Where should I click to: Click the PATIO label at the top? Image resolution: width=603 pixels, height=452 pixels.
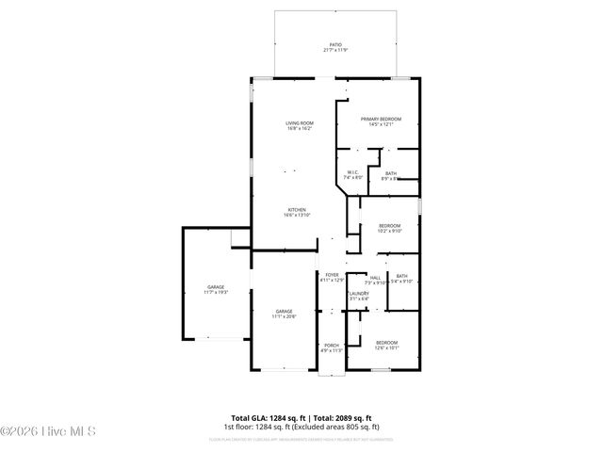[x=335, y=44]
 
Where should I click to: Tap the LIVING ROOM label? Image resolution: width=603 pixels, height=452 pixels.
[x=300, y=123]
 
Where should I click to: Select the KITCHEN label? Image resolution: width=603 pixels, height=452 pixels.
[x=297, y=210]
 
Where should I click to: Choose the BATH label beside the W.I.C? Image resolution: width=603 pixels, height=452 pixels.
[x=390, y=172]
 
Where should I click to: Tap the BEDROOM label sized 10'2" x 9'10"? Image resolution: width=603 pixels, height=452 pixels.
[x=390, y=225]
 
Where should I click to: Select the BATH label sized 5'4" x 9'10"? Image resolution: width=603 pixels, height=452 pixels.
[x=402, y=276]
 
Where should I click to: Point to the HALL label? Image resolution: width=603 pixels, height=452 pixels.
[x=375, y=276]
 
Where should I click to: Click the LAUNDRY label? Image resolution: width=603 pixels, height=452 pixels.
[x=358, y=294]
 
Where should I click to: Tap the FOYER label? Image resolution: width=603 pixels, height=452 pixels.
[x=332, y=275]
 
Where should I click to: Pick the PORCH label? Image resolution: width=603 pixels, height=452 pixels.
[x=332, y=345]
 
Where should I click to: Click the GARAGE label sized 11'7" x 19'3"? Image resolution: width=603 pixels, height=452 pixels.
[x=217, y=287]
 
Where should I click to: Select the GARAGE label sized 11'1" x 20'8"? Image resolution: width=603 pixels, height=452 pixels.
[x=285, y=311]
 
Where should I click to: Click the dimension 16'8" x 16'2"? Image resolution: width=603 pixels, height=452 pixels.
[x=300, y=129]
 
